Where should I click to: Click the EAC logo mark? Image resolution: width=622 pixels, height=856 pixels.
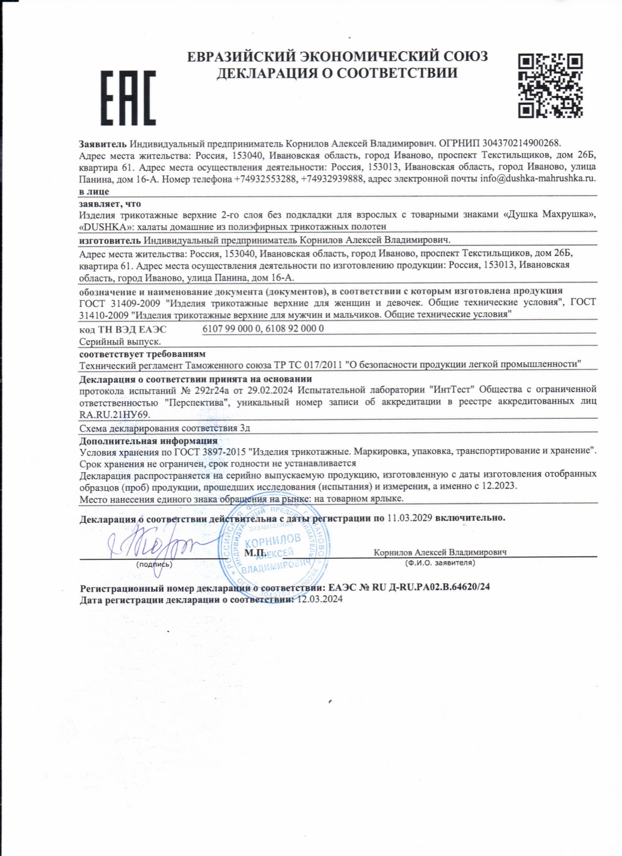128,98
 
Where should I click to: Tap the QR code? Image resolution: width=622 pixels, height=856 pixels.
550,86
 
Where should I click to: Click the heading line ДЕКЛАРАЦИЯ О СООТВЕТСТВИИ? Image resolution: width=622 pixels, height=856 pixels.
337,73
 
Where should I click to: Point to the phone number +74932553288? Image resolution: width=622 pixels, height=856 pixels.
265,179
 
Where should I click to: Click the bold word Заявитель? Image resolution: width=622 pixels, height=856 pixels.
103,143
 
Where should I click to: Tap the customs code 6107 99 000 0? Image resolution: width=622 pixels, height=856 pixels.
232,329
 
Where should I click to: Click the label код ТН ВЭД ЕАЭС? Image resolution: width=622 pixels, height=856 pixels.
123,329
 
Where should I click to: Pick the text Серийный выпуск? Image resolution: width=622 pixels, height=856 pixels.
120,341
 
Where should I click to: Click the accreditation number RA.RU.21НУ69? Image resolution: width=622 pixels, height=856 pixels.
114,414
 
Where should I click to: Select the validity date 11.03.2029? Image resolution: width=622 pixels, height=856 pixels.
410,518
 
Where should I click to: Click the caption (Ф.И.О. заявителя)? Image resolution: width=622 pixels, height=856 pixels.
440,563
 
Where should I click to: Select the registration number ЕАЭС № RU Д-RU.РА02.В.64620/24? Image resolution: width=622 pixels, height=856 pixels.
409,587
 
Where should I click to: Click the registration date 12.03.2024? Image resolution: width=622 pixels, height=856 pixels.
320,599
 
